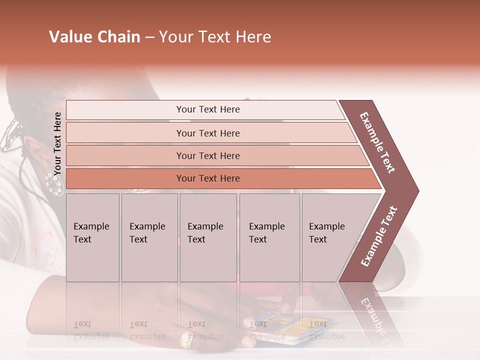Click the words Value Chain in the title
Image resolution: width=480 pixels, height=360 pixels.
pyautogui.click(x=94, y=37)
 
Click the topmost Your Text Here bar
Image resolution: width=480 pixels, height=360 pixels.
pyautogui.click(x=207, y=109)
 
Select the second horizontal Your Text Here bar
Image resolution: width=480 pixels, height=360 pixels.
pyautogui.click(x=207, y=133)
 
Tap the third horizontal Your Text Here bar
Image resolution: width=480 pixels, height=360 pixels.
pyautogui.click(x=207, y=155)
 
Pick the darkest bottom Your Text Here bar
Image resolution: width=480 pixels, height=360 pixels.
pyautogui.click(x=207, y=178)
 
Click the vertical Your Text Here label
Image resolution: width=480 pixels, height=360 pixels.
pyautogui.click(x=57, y=143)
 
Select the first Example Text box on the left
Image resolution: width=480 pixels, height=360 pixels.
pyautogui.click(x=92, y=237)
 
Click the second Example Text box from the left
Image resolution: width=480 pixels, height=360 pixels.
pyautogui.click(x=149, y=237)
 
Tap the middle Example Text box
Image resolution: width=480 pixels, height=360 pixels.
pyautogui.click(x=208, y=237)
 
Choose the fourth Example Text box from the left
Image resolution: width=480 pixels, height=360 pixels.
pyautogui.click(x=269, y=237)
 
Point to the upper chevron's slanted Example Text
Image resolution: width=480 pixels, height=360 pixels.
pyautogui.click(x=378, y=142)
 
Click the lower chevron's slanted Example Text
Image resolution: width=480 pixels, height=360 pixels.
pyautogui.click(x=379, y=236)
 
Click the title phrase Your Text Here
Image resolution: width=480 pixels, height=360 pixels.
pyautogui.click(x=215, y=37)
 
